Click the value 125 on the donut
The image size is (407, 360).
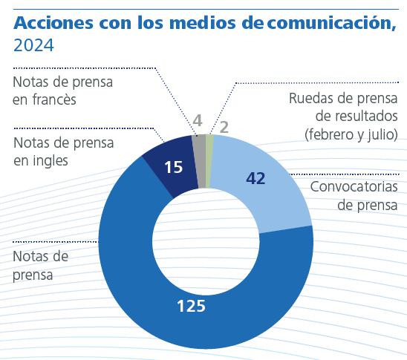[x=191, y=305]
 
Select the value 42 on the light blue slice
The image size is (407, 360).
[x=255, y=178]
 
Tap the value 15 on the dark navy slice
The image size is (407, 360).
[x=173, y=168]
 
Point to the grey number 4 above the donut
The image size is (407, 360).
[x=197, y=121]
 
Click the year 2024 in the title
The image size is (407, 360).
[x=33, y=47]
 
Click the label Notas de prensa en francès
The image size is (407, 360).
[x=63, y=90]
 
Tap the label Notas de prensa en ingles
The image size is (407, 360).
[x=63, y=150]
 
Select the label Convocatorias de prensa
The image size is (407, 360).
[x=354, y=194]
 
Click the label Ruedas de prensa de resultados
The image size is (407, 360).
[x=346, y=108]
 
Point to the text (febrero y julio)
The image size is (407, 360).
[x=351, y=134]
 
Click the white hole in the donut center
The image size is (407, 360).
[x=206, y=241]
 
